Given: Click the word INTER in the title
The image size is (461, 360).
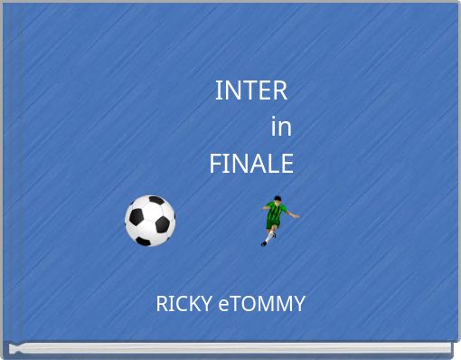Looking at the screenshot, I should coord(251,90).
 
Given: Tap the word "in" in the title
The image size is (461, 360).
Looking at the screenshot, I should coord(281,128).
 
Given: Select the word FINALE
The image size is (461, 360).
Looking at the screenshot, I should coord(251,164).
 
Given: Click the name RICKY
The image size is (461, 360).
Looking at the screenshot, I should coord(185,304).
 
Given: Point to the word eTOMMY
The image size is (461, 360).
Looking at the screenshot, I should coord(262,304).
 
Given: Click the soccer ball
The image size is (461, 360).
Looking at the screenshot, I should coord(150,221).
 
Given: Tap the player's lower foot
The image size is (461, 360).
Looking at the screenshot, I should coord(265,242).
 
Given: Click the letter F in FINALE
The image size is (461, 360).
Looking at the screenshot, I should coord(216,164).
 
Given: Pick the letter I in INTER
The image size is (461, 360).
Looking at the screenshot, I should coord(219,90).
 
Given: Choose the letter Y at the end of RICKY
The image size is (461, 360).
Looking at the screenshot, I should coord(210,304).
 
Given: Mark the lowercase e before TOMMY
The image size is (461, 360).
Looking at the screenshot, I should coord(224,305).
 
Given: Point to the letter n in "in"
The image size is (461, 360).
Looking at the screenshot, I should coord(285,128).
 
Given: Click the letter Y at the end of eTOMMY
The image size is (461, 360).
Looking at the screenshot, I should coord(299,304).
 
